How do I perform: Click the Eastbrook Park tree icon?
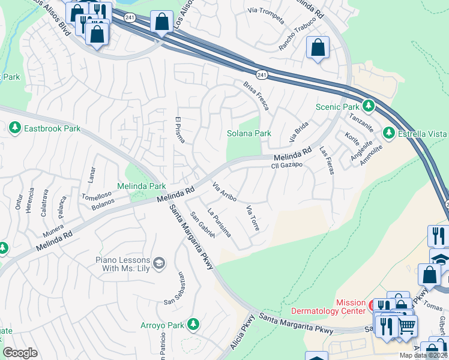14,128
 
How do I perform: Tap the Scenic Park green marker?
369,107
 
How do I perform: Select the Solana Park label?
249,133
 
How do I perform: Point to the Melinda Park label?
141,187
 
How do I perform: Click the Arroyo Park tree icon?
193,325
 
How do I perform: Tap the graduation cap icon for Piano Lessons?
159,263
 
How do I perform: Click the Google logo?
20,352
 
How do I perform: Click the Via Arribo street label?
225,192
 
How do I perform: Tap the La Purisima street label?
218,223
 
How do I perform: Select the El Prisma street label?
179,129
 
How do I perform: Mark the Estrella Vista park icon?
388,133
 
